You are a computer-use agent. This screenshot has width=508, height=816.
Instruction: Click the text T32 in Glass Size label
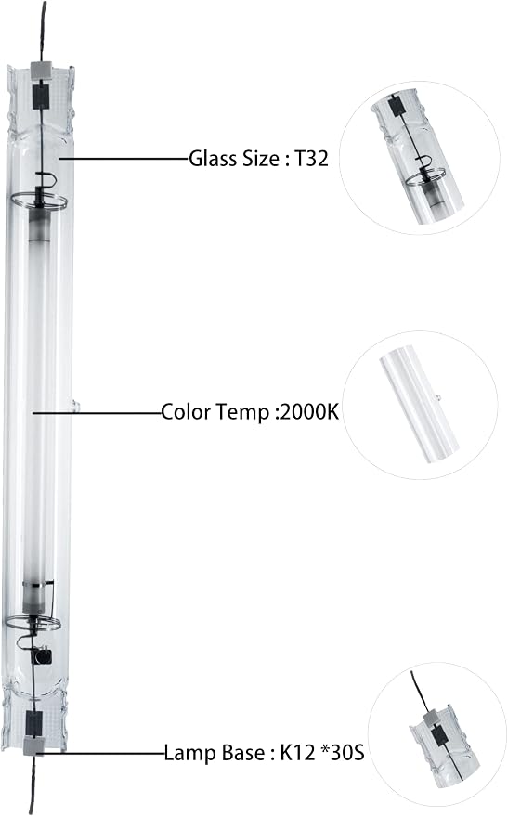(312, 158)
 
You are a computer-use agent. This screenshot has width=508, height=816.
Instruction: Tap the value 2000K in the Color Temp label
(309, 412)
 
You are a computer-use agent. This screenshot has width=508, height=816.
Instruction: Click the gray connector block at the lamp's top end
(41, 68)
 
